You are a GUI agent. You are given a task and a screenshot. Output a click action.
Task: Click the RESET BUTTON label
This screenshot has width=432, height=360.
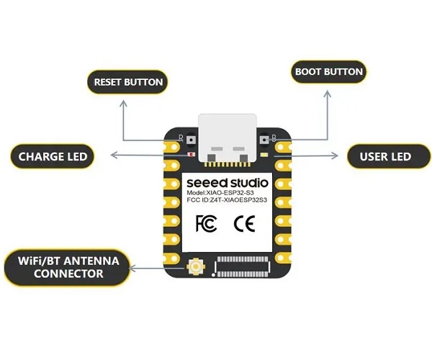coord(128,81)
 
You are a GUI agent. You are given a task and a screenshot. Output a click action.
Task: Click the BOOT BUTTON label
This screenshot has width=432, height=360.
coord(328,72)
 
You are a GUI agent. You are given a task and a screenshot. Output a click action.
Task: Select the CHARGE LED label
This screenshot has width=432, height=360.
coord(53,156)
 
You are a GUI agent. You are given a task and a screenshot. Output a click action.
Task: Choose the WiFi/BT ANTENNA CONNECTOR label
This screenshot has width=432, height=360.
coord(62,266)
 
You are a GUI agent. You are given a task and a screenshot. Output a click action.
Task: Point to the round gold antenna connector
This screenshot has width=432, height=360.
coord(194,267)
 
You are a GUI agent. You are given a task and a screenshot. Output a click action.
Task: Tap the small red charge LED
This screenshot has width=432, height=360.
coord(191,155)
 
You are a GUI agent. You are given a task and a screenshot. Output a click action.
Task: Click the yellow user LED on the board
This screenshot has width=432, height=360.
coord(265,155)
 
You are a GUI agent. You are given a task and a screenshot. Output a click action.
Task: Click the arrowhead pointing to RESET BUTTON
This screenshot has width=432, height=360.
coord(123,102)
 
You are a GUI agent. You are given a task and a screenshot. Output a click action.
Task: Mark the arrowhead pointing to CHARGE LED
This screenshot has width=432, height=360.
coord(110,154)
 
